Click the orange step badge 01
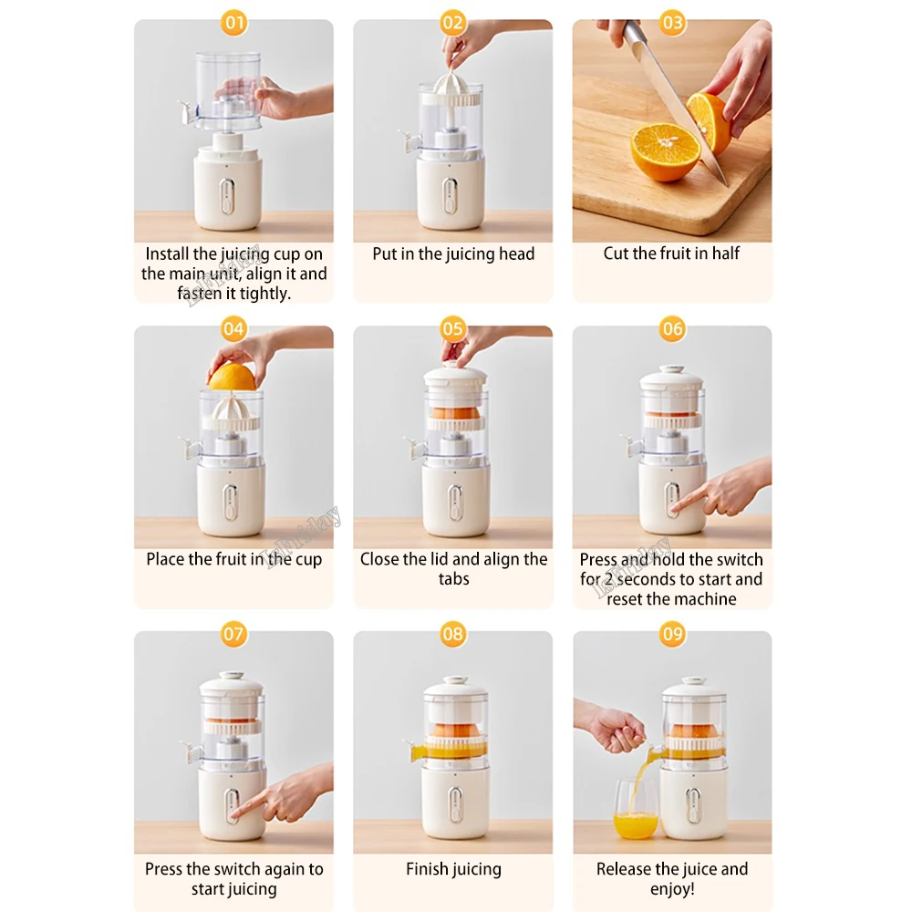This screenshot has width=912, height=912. point(233,23)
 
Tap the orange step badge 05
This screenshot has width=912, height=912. point(452,328)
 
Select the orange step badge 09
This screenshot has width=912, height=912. point(672,634)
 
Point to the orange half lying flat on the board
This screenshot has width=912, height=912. point(666,151)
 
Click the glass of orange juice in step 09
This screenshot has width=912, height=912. point(635,810)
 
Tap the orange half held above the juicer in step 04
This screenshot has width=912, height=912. point(232,377)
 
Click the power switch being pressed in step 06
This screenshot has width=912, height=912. point(672,500)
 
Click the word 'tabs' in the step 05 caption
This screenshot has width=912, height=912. point(453,579)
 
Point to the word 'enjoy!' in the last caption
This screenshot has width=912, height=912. point(672,888)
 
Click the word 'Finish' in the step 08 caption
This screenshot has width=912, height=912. point(426,869)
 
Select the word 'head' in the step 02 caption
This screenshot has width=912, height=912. point(517,254)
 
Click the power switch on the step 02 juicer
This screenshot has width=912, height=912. point(450,195)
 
